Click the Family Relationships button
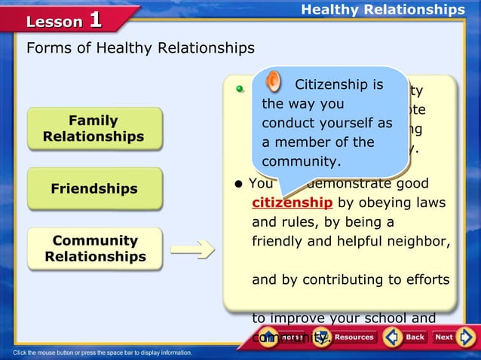tap(94, 129)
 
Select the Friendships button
tap(94, 188)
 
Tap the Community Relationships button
tap(94, 249)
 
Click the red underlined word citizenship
tap(292, 203)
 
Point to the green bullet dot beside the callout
tap(240, 89)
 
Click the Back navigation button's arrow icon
tap(392, 337)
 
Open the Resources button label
tap(354, 337)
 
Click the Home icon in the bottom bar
tap(269, 337)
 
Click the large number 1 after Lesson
tap(96, 19)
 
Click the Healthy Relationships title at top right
tap(383, 10)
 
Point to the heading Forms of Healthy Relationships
tap(140, 49)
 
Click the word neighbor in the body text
tap(423, 243)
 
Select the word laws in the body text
tap(430, 203)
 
